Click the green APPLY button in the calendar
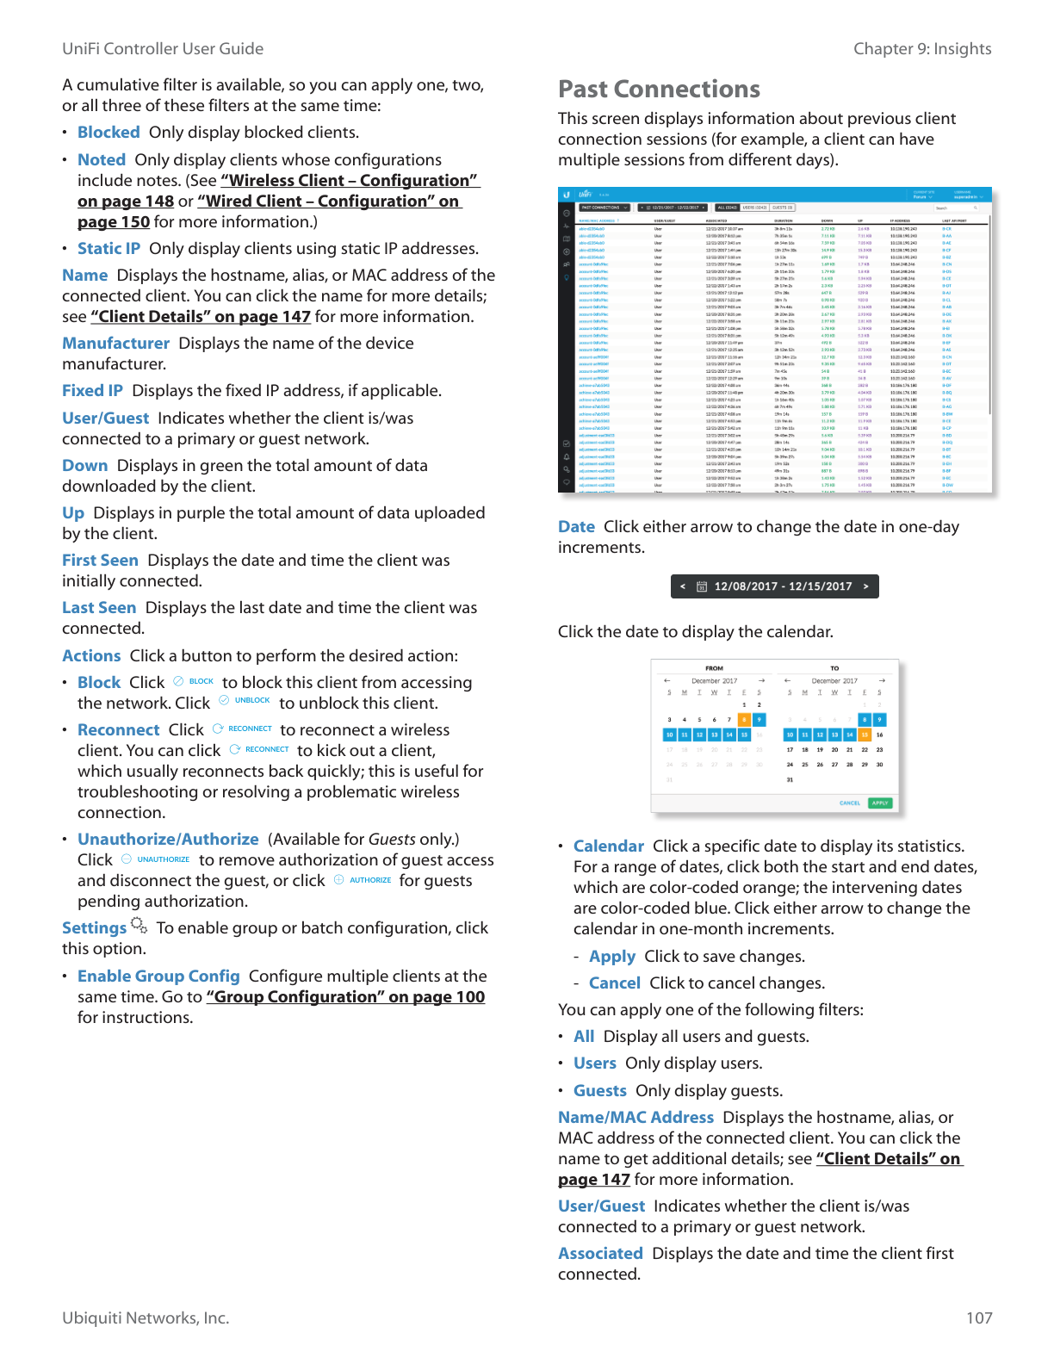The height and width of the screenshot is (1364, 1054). [880, 803]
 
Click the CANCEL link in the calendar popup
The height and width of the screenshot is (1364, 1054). [850, 803]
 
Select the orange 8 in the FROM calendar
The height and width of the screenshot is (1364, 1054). [744, 720]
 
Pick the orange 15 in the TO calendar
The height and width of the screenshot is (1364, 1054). [865, 735]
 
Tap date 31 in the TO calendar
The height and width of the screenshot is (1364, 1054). [790, 779]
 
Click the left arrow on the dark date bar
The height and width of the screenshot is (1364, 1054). [683, 586]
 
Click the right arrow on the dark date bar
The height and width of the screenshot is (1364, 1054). [865, 586]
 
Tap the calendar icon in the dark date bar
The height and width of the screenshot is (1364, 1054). [702, 586]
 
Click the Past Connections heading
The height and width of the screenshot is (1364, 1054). [659, 89]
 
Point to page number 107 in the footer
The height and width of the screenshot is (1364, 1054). [979, 1317]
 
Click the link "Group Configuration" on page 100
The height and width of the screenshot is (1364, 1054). [345, 996]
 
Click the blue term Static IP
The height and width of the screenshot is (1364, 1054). [108, 248]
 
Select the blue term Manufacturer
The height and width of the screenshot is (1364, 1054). [115, 343]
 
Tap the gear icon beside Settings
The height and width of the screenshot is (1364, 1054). [139, 925]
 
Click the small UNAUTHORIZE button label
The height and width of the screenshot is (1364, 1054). [163, 859]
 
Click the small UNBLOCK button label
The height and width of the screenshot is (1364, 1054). [252, 701]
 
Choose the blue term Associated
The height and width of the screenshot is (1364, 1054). [600, 1253]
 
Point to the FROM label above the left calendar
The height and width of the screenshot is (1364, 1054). [714, 668]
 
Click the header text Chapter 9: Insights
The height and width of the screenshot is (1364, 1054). [922, 49]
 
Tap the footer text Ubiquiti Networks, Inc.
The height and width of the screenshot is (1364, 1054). [146, 1317]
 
